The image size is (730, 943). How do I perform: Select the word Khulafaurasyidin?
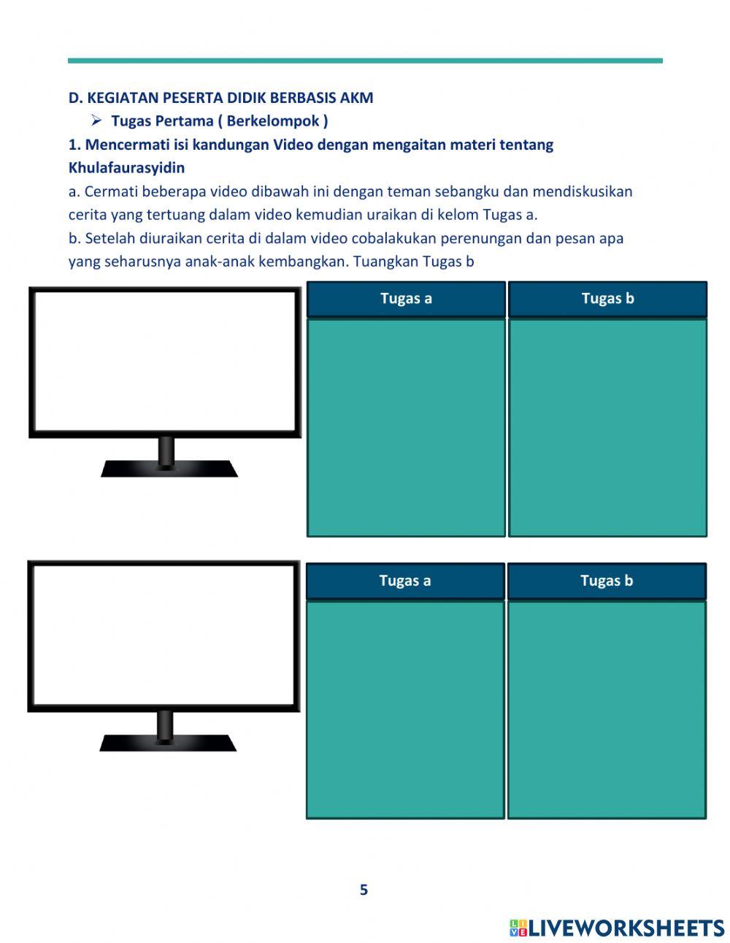coord(126,168)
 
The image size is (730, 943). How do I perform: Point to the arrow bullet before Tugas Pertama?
coord(96,121)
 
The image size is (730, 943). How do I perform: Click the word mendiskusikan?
coord(582,191)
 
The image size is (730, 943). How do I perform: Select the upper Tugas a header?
coord(406,299)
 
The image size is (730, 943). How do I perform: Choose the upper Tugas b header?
coord(607,299)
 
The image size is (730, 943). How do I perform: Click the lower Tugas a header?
coord(405,581)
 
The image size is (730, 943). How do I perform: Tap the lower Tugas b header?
coord(607,581)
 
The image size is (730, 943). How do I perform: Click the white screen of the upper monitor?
coord(165,361)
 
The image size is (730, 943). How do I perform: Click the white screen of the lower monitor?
coord(164,635)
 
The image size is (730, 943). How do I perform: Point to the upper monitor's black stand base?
coord(169,469)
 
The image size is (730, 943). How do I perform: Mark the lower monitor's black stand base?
coord(168,743)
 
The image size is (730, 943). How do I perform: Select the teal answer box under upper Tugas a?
coord(406,427)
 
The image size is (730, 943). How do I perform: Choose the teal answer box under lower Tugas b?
coord(607,709)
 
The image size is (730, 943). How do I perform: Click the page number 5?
coord(364,890)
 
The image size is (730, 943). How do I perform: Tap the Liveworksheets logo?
coord(617,928)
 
